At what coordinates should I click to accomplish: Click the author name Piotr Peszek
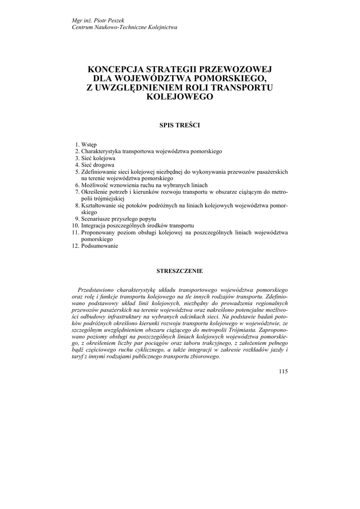(x=99, y=20)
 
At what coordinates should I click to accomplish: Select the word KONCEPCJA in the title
(x=116, y=70)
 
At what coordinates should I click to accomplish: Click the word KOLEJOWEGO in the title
(x=180, y=97)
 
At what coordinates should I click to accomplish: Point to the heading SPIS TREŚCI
(x=180, y=125)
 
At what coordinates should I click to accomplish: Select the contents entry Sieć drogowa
(x=97, y=165)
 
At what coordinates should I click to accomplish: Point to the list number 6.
(x=77, y=185)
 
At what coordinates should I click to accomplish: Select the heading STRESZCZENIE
(x=180, y=271)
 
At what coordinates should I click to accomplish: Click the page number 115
(x=283, y=371)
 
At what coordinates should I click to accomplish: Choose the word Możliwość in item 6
(x=94, y=185)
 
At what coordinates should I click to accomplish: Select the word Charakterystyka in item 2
(x=102, y=151)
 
